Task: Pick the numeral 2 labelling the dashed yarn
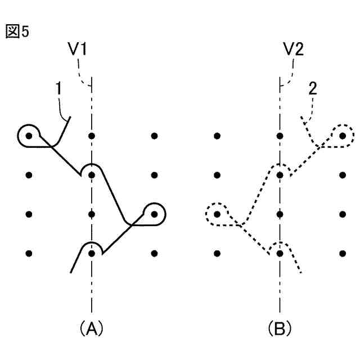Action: pos(313,89)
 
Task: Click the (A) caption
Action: pos(91,327)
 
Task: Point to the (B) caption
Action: pos(280,327)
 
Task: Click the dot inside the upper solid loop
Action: pos(29,136)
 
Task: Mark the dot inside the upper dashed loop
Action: pos(343,136)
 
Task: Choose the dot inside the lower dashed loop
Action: pos(217,214)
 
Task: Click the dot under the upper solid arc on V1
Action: pos(91,175)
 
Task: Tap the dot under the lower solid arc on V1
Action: pos(91,253)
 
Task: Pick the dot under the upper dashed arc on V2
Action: pos(280,175)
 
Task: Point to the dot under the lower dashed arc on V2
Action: pos(280,253)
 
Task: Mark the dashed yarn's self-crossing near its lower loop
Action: pos(240,225)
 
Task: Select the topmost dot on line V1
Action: pos(91,136)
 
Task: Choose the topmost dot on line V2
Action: pos(280,136)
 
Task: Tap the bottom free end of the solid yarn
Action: pos(71,273)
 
